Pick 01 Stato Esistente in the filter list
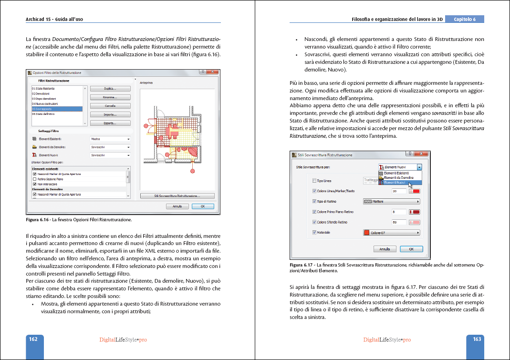tap(43, 89)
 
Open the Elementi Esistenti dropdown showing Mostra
tap(110, 139)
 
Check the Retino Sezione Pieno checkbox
tap(34, 178)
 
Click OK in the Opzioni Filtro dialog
tap(203, 206)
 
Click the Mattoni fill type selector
tap(392, 201)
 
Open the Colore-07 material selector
tap(392, 233)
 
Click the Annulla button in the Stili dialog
tap(385, 249)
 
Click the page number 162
tap(33, 339)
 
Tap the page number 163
tap(477, 339)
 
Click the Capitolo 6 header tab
tap(465, 20)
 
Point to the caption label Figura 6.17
tap(301, 265)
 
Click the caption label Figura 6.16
tap(37, 220)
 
